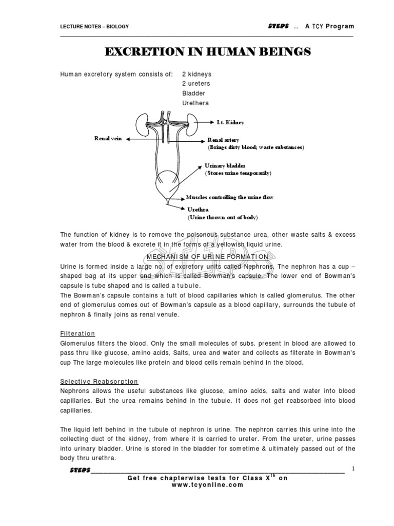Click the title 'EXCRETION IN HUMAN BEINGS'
click(x=208, y=52)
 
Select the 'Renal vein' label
click(x=108, y=139)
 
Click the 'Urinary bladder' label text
click(x=225, y=166)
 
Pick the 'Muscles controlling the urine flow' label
click(x=229, y=197)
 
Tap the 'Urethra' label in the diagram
click(x=198, y=210)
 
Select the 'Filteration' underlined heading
click(x=77, y=333)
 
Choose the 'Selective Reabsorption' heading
click(x=99, y=382)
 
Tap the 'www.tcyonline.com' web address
click(x=208, y=485)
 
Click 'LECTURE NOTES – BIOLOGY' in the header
click(x=94, y=27)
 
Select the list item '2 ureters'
click(x=195, y=84)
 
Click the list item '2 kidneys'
click(x=196, y=74)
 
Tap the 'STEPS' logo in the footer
click(x=80, y=471)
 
